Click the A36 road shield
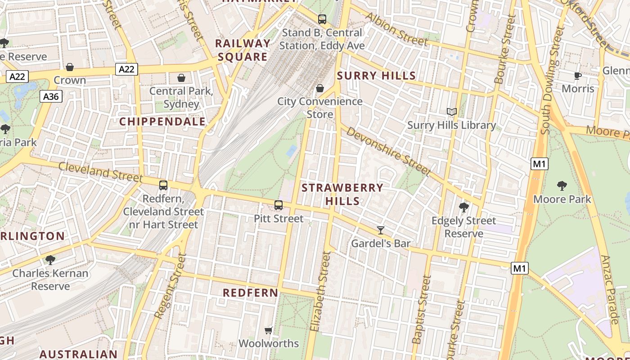tap(51, 96)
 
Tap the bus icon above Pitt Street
tap(279, 205)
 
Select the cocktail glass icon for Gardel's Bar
tap(381, 230)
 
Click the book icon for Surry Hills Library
tap(451, 112)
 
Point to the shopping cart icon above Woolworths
tap(269, 331)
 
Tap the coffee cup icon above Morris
tap(578, 76)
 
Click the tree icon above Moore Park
tap(562, 185)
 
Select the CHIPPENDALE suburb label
tap(162, 121)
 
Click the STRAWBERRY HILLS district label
tap(342, 194)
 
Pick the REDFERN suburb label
tap(251, 292)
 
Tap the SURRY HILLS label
tap(376, 76)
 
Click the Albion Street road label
tap(396, 30)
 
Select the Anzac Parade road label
tap(610, 290)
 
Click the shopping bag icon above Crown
tap(70, 67)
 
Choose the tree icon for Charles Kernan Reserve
tap(50, 260)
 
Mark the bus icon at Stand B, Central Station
tap(322, 19)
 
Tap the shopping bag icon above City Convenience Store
tap(320, 88)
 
